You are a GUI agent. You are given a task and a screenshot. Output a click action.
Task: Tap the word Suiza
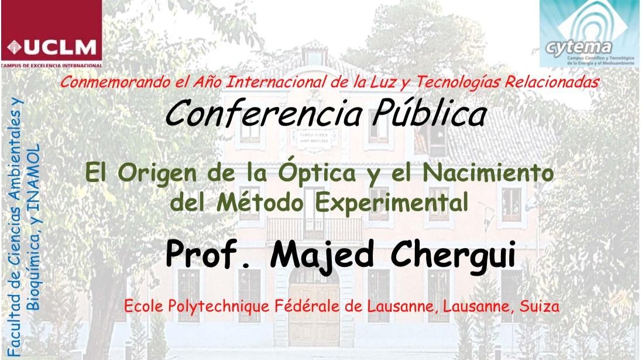click(535, 306)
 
